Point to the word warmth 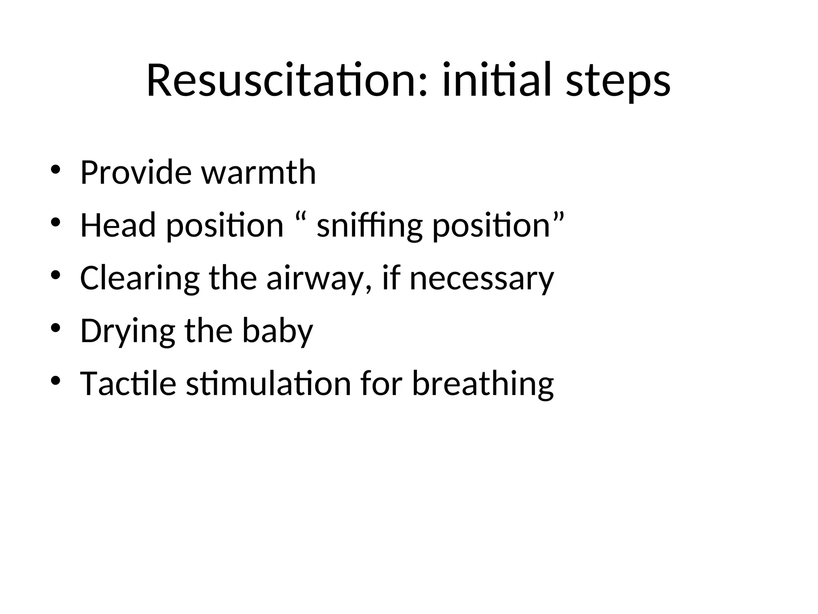pos(258,172)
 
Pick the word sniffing pos(369,226)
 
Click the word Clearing pos(139,278)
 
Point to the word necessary pos(482,279)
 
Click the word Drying pos(127,331)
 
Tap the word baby pos(278,331)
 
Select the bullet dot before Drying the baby pos(55,328)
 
